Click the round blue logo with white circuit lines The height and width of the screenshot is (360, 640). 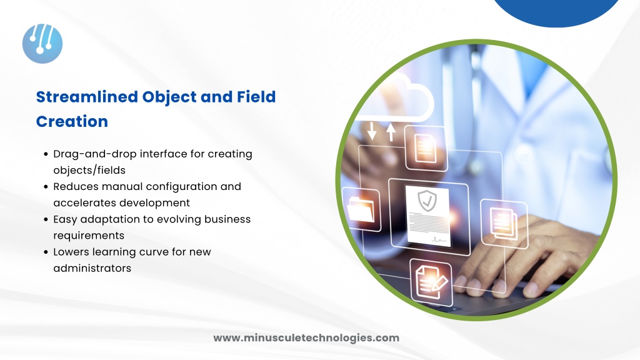pos(42,44)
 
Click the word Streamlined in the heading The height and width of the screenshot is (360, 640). pos(87,97)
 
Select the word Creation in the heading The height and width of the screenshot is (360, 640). pos(72,122)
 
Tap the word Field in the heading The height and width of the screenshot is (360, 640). pos(256,97)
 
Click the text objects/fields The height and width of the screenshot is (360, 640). pos(89,170)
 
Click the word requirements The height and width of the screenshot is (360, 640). pos(89,236)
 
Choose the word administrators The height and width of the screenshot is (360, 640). pos(92,268)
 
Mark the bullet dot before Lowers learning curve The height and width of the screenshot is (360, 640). pos(46,252)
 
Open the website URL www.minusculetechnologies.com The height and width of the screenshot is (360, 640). pos(306,338)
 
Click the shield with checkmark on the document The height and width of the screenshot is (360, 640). pos(427,201)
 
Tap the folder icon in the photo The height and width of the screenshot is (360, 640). pos(361,209)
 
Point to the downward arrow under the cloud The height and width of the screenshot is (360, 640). pos(372,131)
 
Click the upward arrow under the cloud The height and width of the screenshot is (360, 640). pos(391,132)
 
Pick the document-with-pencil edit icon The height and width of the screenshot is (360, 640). pos(431,282)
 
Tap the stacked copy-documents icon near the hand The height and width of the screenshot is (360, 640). pos(504,224)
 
